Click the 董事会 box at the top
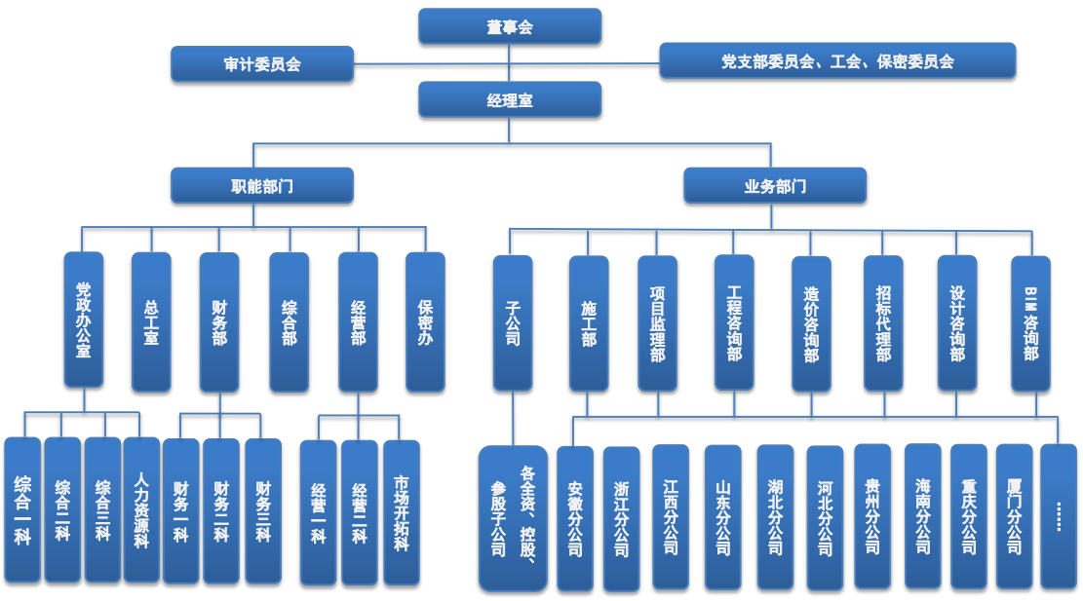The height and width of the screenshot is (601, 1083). point(510,26)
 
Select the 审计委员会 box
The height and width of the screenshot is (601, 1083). point(261,64)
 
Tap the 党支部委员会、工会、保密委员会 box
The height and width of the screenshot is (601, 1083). point(837,60)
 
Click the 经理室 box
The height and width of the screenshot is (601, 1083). point(510,99)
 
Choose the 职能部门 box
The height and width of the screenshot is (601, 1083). point(261,185)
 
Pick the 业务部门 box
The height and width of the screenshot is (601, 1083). point(775,185)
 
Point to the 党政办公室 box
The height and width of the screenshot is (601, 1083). point(84,320)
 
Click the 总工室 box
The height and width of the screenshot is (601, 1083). point(151,322)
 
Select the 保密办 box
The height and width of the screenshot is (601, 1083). point(425,322)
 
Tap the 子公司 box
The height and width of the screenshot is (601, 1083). point(513,322)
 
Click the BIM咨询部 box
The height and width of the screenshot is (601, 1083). point(1030,323)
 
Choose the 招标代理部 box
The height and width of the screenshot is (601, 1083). point(883,323)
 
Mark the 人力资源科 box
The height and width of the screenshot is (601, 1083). point(141,509)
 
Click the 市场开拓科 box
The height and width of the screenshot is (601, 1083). point(402,512)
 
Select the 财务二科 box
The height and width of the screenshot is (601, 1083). point(221,510)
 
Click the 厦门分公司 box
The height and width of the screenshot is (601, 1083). point(1014,516)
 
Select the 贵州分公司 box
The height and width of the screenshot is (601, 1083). point(872,516)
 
